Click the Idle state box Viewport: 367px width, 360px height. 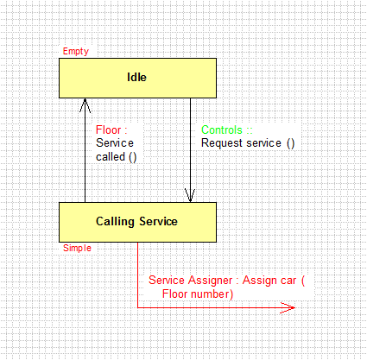137,78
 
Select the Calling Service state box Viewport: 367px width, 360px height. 137,222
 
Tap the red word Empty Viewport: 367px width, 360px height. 76,52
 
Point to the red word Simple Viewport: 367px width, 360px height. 77,248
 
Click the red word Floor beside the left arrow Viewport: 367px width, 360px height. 108,129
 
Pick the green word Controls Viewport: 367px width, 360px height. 222,129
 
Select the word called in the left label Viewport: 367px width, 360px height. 111,157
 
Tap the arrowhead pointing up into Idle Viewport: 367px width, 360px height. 85,105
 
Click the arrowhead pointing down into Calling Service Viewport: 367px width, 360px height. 190,195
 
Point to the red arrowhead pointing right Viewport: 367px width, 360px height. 288,307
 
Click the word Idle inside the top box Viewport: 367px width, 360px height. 136,77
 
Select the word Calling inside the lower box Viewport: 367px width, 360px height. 115,222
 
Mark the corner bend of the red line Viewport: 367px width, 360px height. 138,307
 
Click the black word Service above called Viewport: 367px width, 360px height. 115,143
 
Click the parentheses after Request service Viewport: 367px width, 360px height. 291,143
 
